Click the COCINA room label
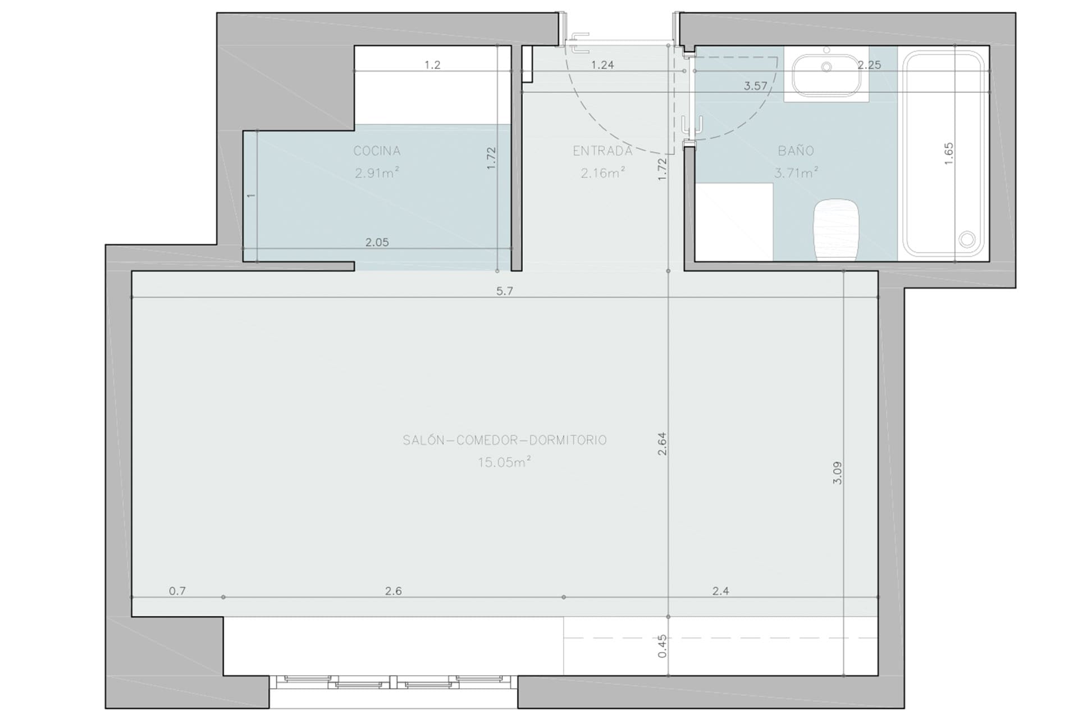click(x=377, y=151)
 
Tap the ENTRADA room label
click(x=602, y=151)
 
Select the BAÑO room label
click(x=796, y=151)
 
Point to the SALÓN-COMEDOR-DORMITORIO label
click(x=505, y=440)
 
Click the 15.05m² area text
click(x=504, y=462)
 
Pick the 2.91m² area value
click(x=377, y=172)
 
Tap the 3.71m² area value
click(x=796, y=172)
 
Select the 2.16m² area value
click(x=603, y=172)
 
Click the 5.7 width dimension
click(x=505, y=290)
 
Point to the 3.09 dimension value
click(x=837, y=473)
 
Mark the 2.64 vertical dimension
click(x=662, y=443)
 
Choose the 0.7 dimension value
click(x=177, y=591)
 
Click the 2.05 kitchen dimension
click(x=377, y=242)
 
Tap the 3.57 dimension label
click(x=755, y=86)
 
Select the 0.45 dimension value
click(x=663, y=646)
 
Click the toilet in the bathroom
click(x=837, y=230)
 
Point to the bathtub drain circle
click(x=967, y=239)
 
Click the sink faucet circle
click(x=826, y=67)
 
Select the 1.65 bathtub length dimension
click(x=949, y=153)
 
